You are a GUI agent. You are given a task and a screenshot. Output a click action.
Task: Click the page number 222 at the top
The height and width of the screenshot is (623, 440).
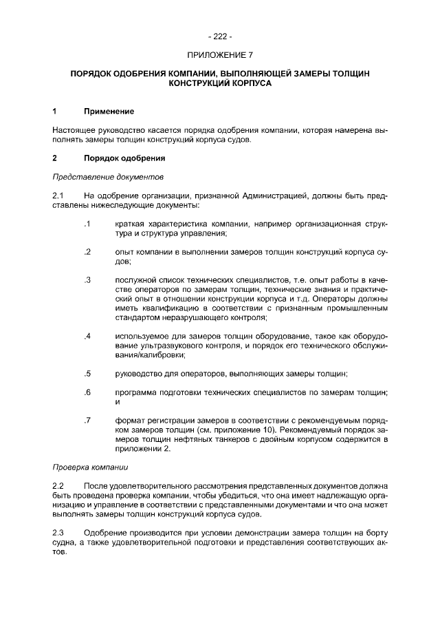point(220,36)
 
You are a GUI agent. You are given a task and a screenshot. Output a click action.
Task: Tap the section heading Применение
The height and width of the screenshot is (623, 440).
point(109,111)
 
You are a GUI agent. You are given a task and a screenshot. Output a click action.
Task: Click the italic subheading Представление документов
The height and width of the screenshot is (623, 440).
point(107,177)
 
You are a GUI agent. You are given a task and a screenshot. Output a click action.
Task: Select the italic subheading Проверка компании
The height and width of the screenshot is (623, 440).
point(89,467)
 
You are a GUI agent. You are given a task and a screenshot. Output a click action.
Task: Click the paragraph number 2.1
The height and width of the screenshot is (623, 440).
point(58,196)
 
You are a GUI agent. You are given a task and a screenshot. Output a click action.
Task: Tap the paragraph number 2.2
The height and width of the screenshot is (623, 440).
point(58,487)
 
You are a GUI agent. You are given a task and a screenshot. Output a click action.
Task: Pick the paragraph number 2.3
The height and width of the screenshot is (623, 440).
point(58,533)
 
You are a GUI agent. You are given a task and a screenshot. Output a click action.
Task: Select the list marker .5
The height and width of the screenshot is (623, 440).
point(87,374)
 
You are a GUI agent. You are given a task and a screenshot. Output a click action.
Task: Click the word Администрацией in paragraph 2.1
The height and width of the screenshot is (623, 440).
point(274,196)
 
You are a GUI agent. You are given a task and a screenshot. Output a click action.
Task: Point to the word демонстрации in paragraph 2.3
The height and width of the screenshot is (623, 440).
point(229,533)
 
